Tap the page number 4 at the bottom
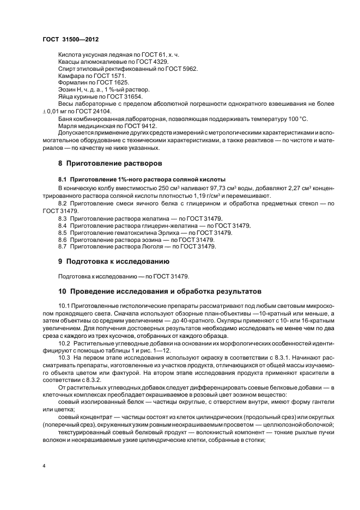click(x=44, y=466)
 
